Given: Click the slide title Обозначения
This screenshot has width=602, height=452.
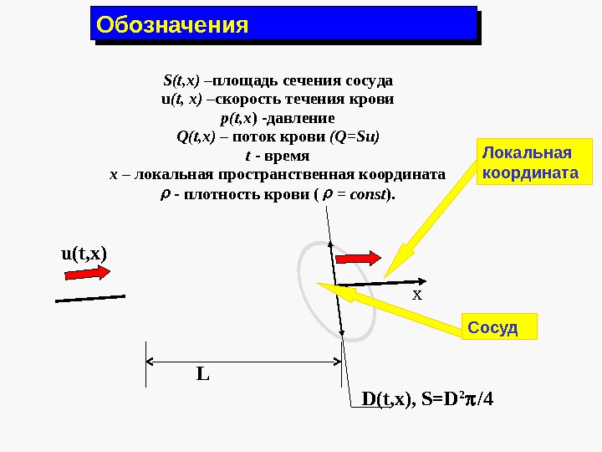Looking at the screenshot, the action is tap(173, 24).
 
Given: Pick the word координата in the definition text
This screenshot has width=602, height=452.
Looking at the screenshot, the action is tap(402, 175).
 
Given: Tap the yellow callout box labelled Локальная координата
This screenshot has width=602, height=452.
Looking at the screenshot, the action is tap(530, 162).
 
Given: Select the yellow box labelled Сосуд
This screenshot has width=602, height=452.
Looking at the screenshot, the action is tap(499, 327).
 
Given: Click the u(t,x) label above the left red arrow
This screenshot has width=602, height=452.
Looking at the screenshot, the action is tap(85, 253).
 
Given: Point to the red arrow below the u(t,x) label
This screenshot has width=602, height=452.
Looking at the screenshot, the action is tap(86, 273).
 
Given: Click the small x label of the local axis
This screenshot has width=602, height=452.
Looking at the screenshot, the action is tap(418, 296).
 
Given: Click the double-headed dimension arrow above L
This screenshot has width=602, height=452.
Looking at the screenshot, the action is tap(244, 362).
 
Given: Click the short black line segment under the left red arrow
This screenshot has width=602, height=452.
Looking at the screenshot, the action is tap(90, 298).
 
